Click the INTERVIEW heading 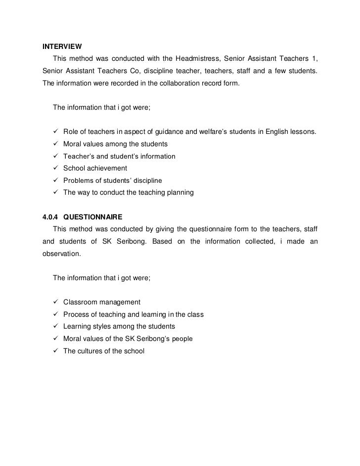(x=62, y=47)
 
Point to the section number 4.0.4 (x=50, y=216)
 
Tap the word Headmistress (x=195, y=60)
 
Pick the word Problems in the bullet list (x=79, y=180)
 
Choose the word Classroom (x=81, y=302)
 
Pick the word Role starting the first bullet (x=71, y=132)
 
